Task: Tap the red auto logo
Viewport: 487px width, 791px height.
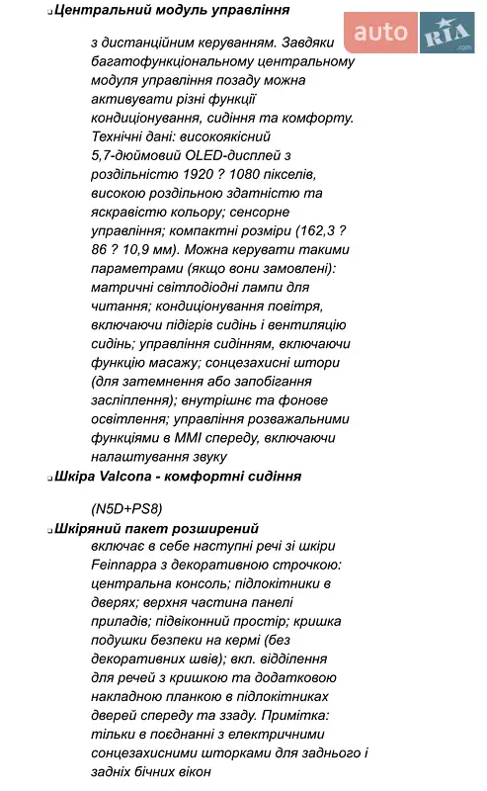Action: [x=379, y=33]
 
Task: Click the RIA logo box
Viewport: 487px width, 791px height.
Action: [x=446, y=34]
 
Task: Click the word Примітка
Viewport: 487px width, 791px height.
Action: [x=296, y=715]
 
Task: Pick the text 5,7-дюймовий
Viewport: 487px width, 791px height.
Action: [x=134, y=155]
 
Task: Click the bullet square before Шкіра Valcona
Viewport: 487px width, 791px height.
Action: [x=49, y=477]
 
